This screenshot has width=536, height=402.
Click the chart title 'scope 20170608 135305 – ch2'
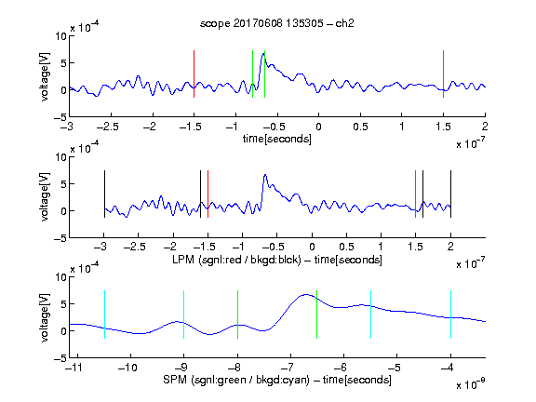point(276,23)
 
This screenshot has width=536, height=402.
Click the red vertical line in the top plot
point(194,74)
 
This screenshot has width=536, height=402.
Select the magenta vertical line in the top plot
point(443,74)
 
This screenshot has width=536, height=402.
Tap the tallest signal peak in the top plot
point(263,53)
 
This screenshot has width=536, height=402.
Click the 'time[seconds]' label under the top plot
point(277,139)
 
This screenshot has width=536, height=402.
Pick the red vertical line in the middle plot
point(208,194)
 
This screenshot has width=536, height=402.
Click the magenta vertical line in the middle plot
point(415,194)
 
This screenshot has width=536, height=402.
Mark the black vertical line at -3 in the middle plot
point(104,194)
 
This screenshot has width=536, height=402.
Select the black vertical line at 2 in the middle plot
point(450,194)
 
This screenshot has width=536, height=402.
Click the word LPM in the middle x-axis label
point(183,260)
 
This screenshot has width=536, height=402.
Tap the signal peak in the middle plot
point(265,175)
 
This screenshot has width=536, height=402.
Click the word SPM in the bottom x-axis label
point(175,380)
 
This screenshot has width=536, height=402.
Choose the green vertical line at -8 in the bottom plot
point(237,315)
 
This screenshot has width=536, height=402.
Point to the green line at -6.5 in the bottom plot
point(317,315)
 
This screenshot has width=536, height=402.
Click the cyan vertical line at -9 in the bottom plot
point(184,315)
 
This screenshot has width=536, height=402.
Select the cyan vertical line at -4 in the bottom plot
point(451,315)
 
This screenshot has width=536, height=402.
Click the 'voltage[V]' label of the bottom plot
point(45,318)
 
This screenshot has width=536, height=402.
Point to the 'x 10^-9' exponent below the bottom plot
point(470,384)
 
